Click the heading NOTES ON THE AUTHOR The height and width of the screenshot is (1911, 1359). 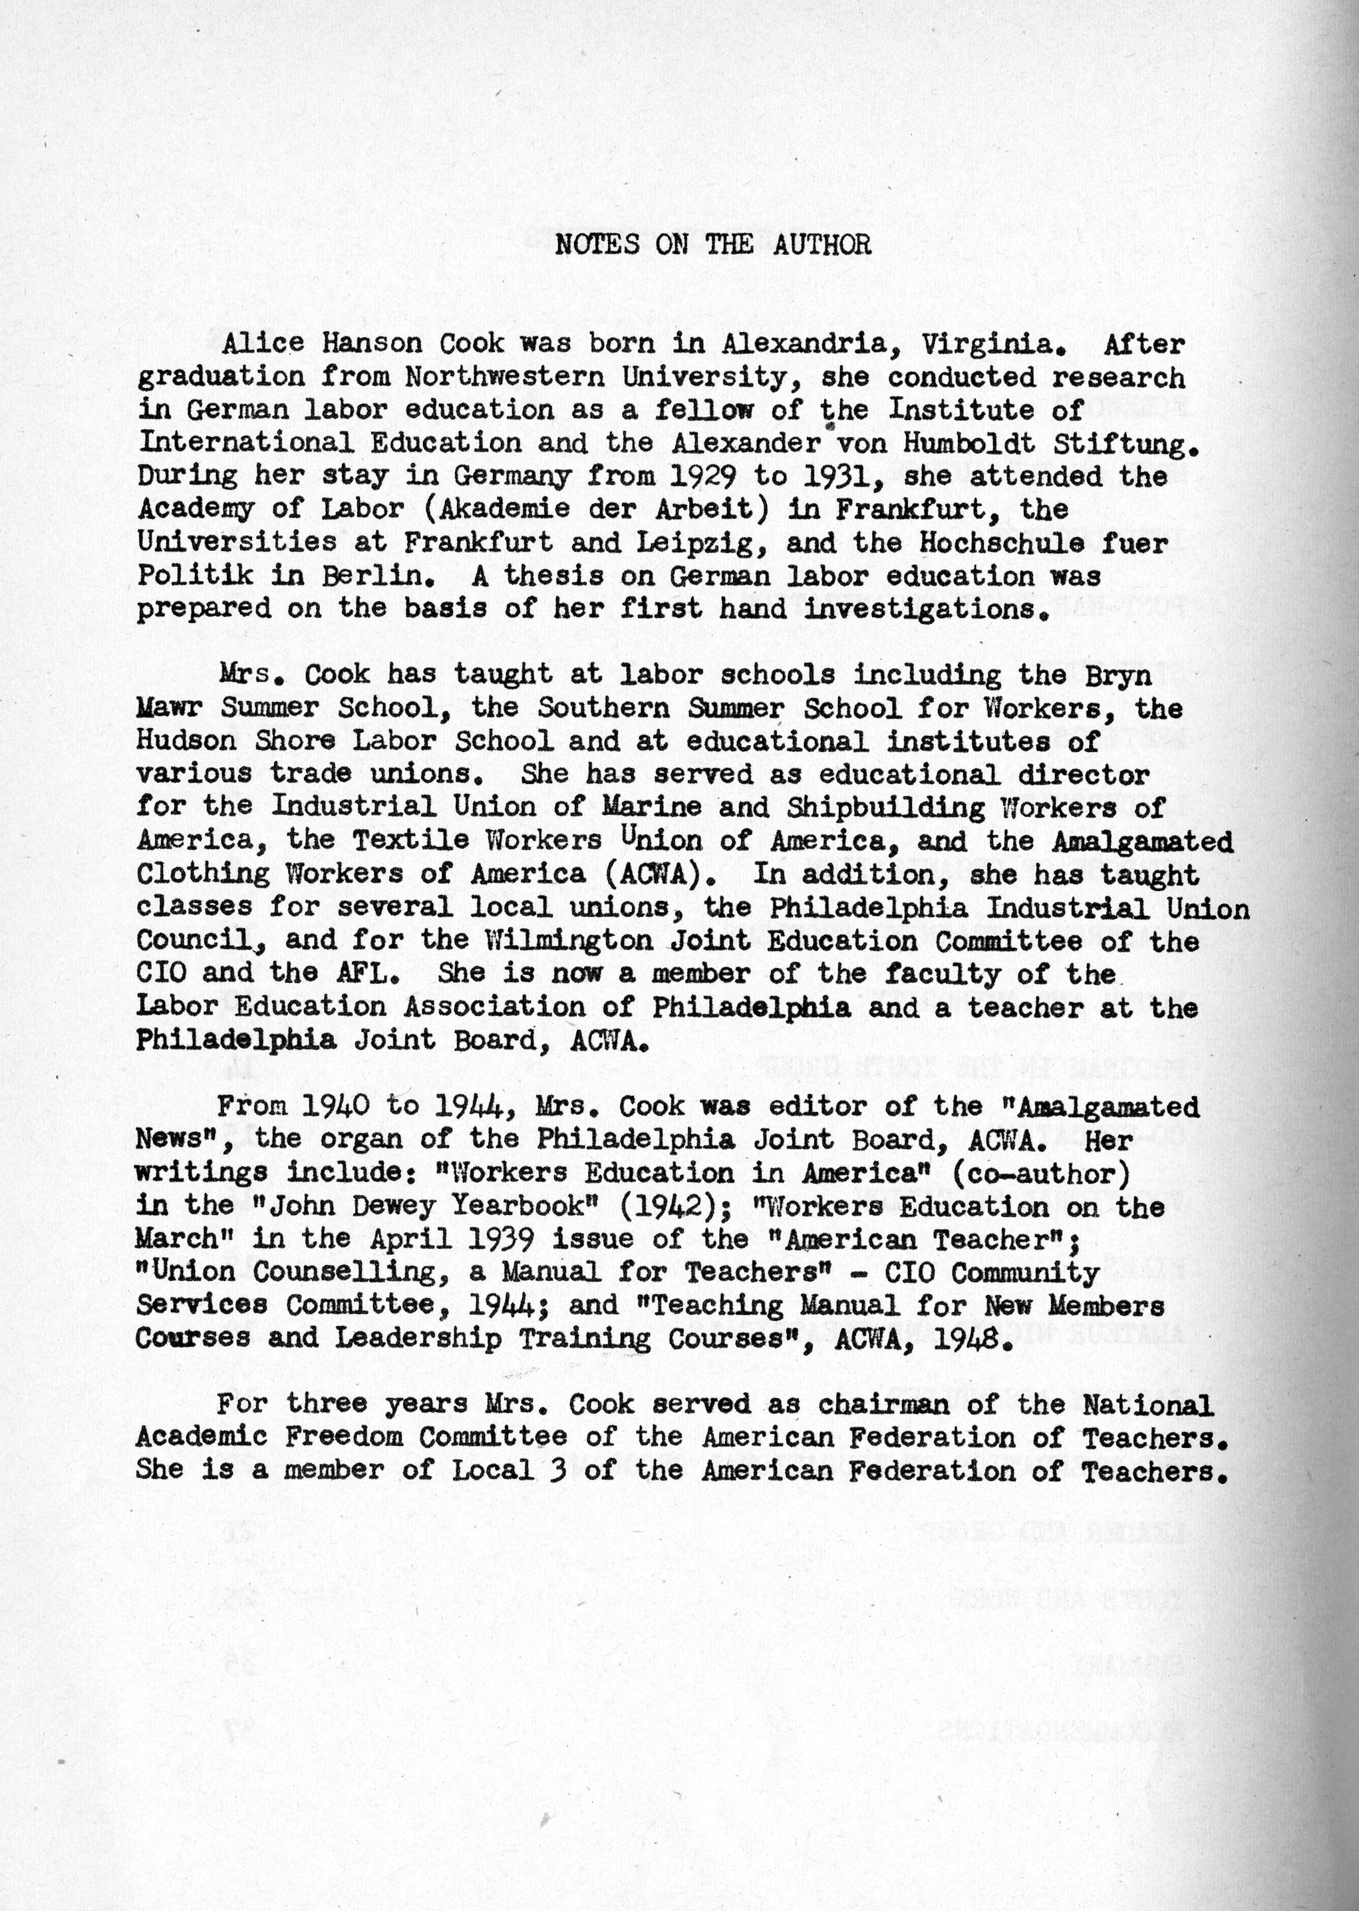pos(713,244)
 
